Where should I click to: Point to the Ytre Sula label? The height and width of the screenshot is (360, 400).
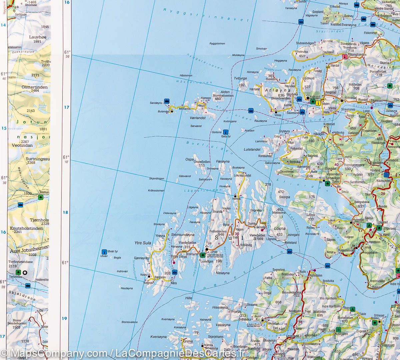141,243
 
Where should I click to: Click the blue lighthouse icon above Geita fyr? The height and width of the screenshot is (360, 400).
226,132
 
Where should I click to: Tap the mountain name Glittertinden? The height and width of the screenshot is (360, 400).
30,86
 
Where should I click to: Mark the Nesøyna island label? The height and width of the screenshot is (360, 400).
223,273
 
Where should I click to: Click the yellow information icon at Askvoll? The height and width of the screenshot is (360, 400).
319,103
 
